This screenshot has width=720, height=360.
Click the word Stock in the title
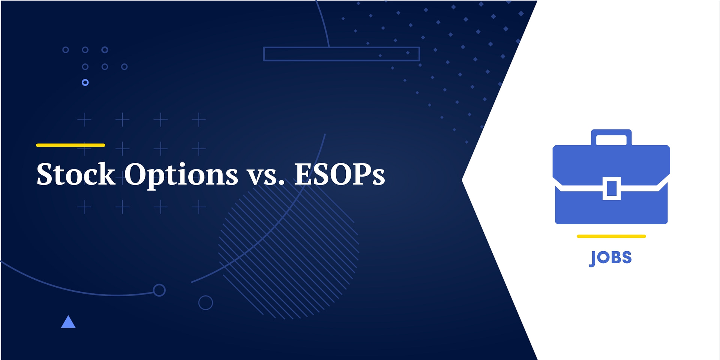[x=76, y=174]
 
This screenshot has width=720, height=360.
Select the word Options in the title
[x=181, y=175]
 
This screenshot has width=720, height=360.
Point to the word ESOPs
[x=339, y=174]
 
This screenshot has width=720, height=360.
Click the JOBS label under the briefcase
[x=611, y=258]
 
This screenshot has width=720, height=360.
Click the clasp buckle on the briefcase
[x=612, y=188]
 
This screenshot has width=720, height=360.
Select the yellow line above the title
[x=70, y=145]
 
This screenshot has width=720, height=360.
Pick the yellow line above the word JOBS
[x=611, y=236]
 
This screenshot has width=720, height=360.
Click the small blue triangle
[x=68, y=322]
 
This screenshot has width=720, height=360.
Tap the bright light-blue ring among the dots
[x=85, y=82]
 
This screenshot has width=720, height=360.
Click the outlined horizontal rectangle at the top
[x=341, y=54]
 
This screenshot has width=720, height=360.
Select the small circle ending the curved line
[x=159, y=290]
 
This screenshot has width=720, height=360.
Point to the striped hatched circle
[x=289, y=249]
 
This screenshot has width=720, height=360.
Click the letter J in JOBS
[x=593, y=258]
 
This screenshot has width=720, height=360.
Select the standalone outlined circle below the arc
[x=205, y=303]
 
